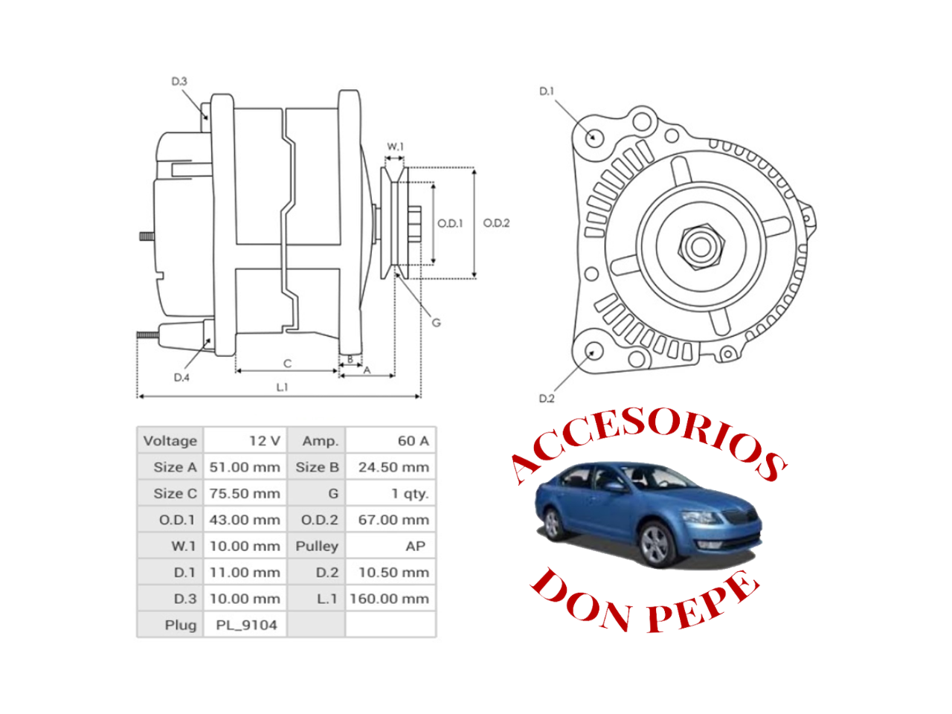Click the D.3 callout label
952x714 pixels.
point(178,81)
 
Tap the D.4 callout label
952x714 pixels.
point(181,377)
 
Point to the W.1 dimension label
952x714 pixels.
point(395,147)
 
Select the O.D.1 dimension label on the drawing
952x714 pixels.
point(450,223)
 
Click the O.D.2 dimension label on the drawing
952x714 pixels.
point(496,223)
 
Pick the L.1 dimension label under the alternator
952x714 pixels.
point(283,387)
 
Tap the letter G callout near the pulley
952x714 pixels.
point(437,323)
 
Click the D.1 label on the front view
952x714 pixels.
point(547,91)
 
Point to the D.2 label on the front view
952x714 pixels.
point(547,398)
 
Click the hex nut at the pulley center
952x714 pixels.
point(700,247)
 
